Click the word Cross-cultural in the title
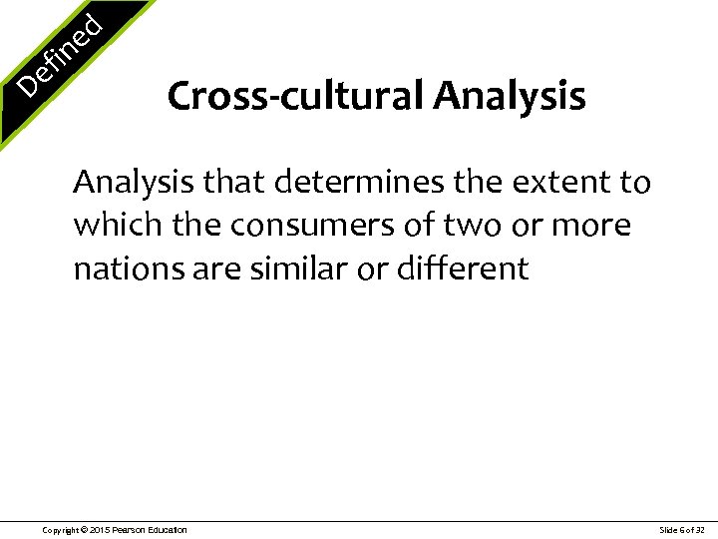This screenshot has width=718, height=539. click(296, 97)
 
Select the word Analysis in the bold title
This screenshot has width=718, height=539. click(510, 97)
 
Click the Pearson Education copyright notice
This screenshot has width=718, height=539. click(114, 529)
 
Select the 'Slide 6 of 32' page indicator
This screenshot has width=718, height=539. click(682, 529)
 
